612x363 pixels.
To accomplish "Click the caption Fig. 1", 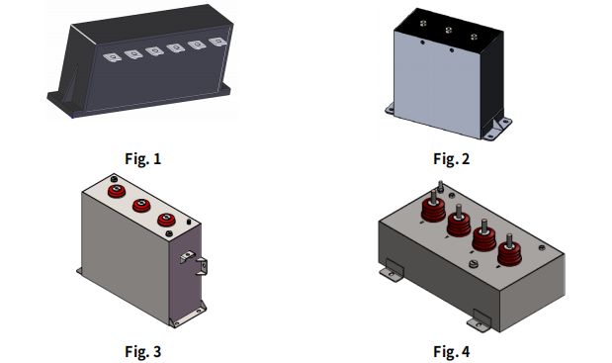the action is point(142,159).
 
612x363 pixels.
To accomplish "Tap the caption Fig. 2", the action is point(451,159).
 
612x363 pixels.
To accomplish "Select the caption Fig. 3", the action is point(142,351).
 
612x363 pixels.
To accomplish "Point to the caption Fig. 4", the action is point(451,351).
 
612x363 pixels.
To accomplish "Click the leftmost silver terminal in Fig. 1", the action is point(112,57).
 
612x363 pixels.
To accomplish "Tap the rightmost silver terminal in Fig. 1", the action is point(218,42).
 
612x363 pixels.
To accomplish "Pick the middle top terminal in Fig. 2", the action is point(449,30).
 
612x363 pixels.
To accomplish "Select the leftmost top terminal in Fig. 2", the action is point(423,24).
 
